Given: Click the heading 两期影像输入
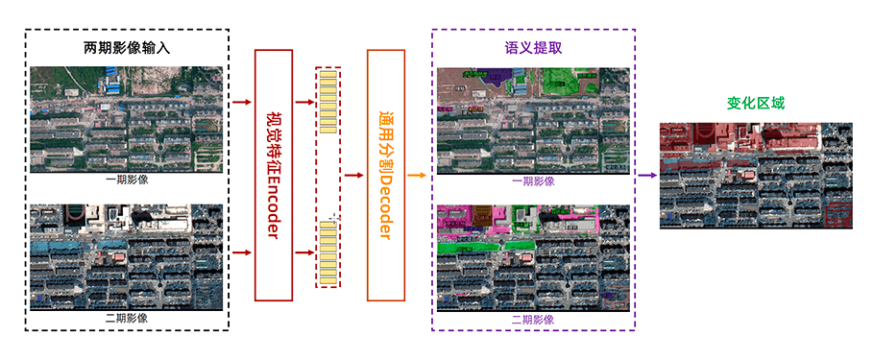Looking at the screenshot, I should [126, 46].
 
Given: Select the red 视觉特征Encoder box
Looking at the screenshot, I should [273, 174].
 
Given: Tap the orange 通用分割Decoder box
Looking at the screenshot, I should [386, 174].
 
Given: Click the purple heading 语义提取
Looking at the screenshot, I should [533, 46].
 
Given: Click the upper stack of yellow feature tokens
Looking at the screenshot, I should [328, 103].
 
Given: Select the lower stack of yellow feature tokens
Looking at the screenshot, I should [328, 252].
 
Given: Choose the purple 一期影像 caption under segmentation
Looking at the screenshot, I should [533, 180].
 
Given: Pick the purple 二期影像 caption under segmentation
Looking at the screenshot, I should [533, 319].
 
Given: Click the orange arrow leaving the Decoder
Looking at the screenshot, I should [417, 176].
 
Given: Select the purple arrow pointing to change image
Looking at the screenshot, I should [646, 176].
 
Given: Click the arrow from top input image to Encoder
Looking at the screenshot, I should [241, 101].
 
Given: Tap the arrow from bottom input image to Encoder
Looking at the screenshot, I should [241, 252].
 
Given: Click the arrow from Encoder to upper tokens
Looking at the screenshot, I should [303, 101].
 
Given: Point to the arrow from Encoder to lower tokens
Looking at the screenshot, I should [303, 252].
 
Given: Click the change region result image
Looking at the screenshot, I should [756, 176].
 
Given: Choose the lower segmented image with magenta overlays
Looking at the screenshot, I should [533, 257].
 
